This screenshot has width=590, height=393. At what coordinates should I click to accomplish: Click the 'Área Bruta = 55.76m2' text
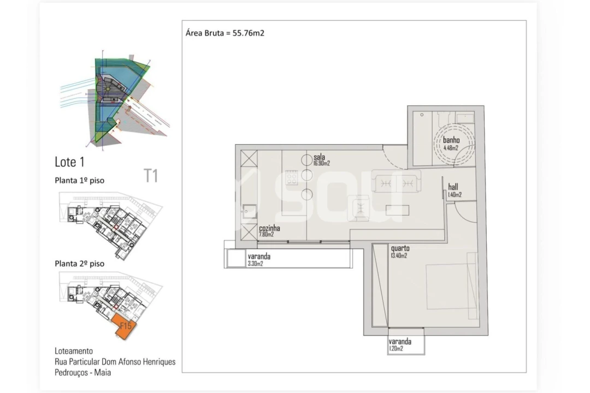coord(225,33)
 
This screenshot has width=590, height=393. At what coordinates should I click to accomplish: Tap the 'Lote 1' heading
coord(69,162)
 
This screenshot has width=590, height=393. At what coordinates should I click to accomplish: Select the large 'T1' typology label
coord(151,176)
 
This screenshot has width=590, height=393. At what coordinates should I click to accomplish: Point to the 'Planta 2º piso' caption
coord(79,264)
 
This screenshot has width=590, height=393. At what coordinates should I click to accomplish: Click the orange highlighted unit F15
coord(126,328)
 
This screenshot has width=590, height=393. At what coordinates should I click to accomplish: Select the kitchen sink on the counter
coord(249,211)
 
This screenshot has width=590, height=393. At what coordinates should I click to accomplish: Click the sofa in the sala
coord(396,181)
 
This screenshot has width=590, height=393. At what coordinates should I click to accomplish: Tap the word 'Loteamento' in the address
coord(74,351)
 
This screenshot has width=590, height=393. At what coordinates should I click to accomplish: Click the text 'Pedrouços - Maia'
coord(83,373)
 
